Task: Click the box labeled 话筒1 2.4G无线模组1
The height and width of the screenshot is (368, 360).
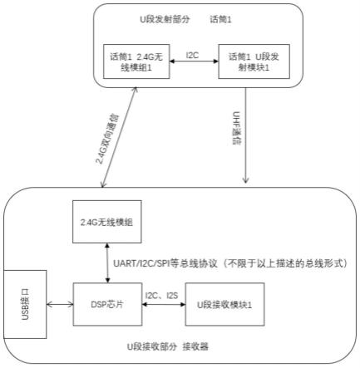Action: [136, 61]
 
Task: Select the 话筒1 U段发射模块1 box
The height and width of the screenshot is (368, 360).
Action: [254, 61]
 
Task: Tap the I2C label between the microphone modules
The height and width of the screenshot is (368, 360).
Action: [192, 56]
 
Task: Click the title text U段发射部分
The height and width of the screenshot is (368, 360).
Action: [165, 20]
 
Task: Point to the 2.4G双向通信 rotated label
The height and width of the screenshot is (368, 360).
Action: [107, 139]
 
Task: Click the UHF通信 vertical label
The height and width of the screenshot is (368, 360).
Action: [236, 128]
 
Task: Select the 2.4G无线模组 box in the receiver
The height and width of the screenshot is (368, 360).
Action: [107, 222]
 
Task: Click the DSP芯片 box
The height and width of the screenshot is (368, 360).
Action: [107, 304]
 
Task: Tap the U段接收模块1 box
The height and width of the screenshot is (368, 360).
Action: [224, 304]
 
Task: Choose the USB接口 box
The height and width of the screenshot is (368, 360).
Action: [25, 304]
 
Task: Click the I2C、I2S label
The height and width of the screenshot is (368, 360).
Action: [161, 296]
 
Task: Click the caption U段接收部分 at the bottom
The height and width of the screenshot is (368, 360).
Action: [152, 346]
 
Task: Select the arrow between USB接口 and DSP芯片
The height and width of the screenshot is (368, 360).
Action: [60, 305]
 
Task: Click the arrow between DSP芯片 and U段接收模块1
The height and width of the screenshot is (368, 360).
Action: [164, 305]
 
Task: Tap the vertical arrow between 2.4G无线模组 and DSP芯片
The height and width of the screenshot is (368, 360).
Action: [107, 263]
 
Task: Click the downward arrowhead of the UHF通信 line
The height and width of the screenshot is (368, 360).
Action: [245, 179]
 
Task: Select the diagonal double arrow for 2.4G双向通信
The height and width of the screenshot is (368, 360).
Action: [119, 137]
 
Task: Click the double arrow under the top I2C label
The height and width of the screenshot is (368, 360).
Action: [194, 61]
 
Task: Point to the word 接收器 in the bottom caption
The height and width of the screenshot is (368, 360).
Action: [195, 346]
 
